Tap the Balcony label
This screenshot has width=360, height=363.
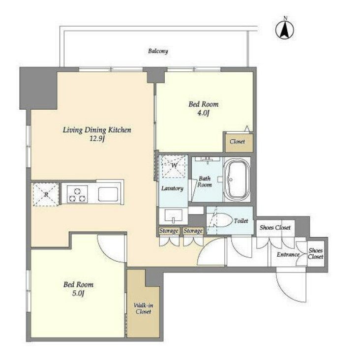point(158,51)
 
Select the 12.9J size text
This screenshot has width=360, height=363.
point(97,139)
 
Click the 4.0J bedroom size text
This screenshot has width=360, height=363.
point(203,113)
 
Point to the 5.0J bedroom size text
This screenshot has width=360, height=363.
point(78,294)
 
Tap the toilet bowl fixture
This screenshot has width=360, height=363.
point(223,221)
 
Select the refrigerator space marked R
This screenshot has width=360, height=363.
point(46,194)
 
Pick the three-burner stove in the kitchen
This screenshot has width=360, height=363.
point(77,194)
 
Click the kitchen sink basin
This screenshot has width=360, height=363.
point(108,194)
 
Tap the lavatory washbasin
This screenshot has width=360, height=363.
point(174,216)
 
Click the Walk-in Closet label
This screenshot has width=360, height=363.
point(143,308)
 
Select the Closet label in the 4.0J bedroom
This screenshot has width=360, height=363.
point(238,142)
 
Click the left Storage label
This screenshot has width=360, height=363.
point(169,231)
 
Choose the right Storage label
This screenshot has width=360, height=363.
point(193,231)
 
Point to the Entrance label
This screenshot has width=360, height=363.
point(288,254)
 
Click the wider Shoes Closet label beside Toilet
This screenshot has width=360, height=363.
point(275,228)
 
